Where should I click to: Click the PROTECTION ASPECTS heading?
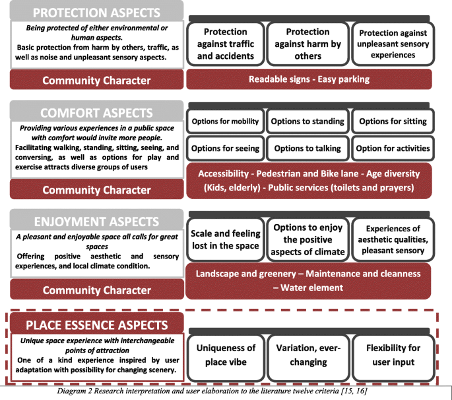click(x=96, y=13)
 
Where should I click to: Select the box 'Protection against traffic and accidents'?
click(x=226, y=44)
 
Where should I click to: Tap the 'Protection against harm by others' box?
click(x=307, y=44)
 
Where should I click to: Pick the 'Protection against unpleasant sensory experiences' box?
click(x=392, y=44)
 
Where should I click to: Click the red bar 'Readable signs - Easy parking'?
click(x=309, y=79)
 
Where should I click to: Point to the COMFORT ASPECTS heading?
click(x=96, y=112)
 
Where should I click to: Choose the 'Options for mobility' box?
click(x=226, y=121)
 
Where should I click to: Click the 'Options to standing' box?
click(x=307, y=121)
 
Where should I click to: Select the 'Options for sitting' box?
click(x=393, y=121)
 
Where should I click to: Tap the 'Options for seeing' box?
click(x=226, y=148)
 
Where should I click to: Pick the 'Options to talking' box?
click(x=307, y=148)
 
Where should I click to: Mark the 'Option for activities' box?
click(x=393, y=148)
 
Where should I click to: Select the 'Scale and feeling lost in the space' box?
click(x=226, y=239)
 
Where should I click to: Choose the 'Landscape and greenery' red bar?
click(x=309, y=280)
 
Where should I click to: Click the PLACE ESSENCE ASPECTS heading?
click(x=96, y=325)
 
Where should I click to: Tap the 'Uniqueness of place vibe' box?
click(x=226, y=355)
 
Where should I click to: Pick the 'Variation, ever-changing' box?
click(x=307, y=355)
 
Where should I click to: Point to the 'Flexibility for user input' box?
click(x=393, y=355)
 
